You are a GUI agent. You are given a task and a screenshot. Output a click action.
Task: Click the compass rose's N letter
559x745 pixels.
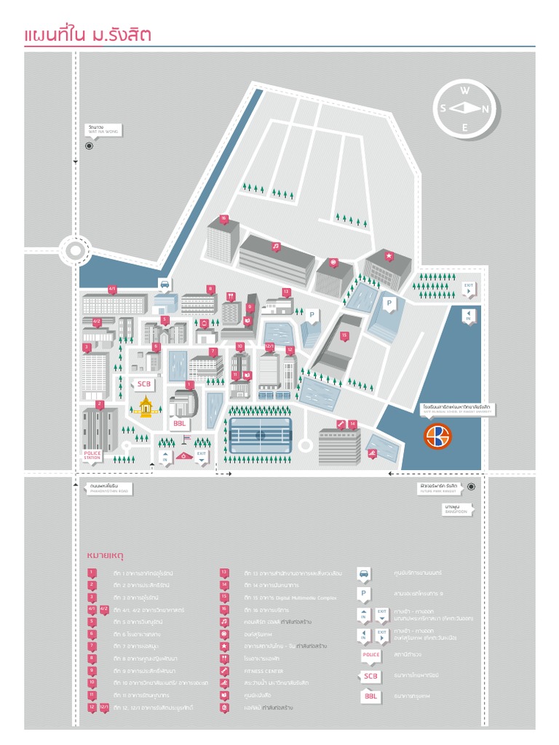click(486, 109)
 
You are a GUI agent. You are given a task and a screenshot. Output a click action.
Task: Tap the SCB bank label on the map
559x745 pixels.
click(142, 384)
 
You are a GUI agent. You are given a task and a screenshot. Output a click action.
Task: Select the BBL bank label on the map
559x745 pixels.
click(179, 423)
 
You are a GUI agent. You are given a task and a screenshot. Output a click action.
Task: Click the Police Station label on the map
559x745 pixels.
click(92, 455)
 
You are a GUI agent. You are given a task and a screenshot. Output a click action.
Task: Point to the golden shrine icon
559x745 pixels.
click(146, 407)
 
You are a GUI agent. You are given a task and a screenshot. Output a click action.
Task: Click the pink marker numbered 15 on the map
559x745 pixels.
click(344, 335)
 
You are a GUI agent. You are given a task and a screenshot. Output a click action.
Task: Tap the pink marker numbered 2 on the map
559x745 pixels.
click(100, 404)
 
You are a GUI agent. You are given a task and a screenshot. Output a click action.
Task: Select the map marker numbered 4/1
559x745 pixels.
click(112, 289)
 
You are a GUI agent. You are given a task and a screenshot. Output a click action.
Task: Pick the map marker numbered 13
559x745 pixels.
click(286, 292)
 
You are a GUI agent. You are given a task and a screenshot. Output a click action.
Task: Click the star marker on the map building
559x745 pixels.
click(389, 256)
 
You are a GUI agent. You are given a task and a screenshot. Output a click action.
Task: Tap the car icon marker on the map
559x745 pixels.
click(164, 284)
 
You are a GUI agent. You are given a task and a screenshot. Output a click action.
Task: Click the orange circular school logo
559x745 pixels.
click(438, 436)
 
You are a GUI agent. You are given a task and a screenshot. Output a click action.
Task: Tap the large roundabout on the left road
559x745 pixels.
click(76, 251)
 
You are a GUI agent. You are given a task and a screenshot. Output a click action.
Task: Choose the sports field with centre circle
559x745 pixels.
click(261, 435)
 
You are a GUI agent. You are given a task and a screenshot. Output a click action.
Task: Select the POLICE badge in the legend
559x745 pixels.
click(371, 656)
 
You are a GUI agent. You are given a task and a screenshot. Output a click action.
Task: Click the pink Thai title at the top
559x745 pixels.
click(87, 36)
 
